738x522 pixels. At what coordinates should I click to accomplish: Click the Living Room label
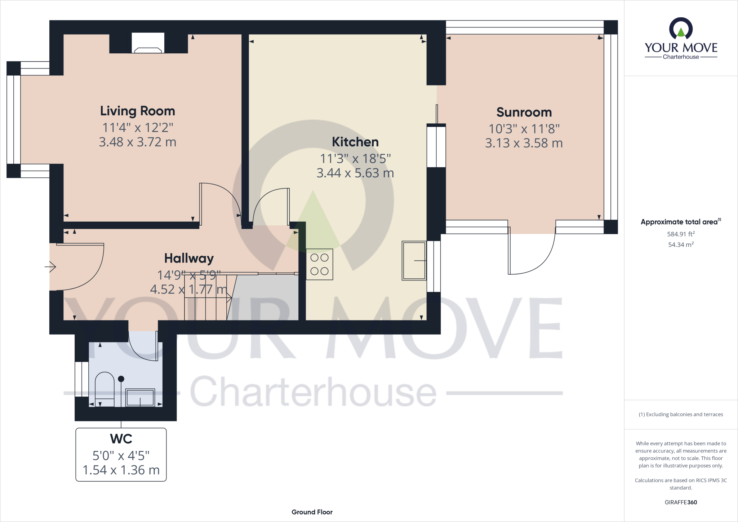point(137,111)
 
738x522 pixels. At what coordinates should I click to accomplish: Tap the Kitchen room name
point(355,142)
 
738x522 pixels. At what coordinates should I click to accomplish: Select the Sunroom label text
point(524,112)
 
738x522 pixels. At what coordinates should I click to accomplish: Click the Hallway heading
point(189,258)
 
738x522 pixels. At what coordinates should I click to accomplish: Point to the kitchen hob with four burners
point(319,264)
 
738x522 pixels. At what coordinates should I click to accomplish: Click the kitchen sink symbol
point(414,261)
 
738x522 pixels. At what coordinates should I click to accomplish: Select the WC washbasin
point(140,397)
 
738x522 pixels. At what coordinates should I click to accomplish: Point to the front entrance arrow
point(51,267)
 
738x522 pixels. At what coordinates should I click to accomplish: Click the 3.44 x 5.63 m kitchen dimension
point(355,173)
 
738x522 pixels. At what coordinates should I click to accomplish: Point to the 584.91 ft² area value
point(680,234)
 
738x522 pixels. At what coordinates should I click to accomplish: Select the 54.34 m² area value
point(680,244)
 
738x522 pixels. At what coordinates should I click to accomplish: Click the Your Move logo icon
point(680,29)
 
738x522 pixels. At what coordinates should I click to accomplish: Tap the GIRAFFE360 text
point(680,502)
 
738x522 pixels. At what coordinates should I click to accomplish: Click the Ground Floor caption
point(312,512)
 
